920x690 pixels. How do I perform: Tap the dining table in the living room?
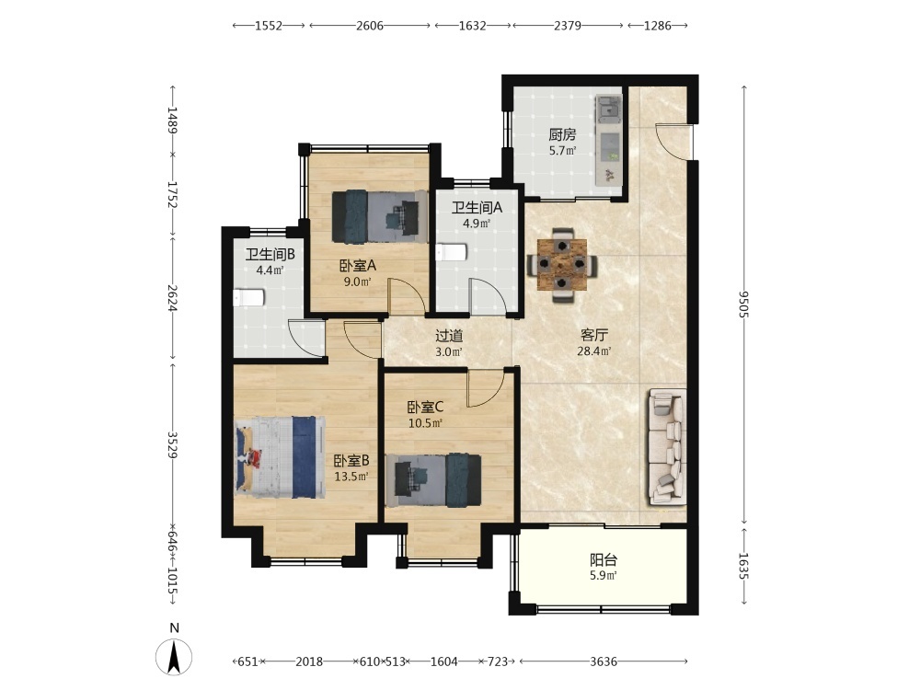tap(563, 265)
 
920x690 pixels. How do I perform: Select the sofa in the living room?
tap(667, 446)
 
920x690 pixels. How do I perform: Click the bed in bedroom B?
tap(281, 457)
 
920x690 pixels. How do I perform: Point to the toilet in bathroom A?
tap(451, 252)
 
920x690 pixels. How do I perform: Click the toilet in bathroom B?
tap(248, 297)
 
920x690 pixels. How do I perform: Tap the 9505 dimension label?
tap(744, 304)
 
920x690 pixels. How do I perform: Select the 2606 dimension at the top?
tap(370, 25)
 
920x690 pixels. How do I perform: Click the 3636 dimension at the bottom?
tap(604, 661)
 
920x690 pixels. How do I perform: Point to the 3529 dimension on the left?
tap(173, 444)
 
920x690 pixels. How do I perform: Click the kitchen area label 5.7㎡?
tap(562, 151)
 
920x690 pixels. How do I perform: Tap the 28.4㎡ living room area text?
tap(594, 351)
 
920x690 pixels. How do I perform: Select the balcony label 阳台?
tap(604, 559)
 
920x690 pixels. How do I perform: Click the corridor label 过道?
tap(449, 336)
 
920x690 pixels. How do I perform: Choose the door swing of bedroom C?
tap(484, 388)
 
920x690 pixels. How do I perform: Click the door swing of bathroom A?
tap(487, 296)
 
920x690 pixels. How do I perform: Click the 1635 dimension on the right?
tap(744, 566)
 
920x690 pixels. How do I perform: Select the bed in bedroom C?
tap(433, 480)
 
